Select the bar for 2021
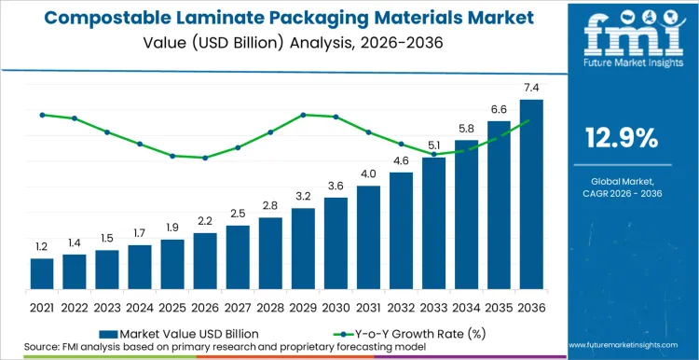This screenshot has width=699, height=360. tap(42, 274)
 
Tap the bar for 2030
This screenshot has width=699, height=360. tap(336, 243)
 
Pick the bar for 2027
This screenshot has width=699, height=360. tap(238, 257)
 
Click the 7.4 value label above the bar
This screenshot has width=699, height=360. tap(531, 88)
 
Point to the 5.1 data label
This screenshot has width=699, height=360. tap(434, 145)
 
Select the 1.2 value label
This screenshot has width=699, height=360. tap(42, 246)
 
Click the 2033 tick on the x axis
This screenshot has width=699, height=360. tap(433, 306)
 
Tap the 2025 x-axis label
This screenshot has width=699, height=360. tap(172, 306)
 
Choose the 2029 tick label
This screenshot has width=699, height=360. tap(303, 306)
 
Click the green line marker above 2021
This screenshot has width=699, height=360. tap(42, 115)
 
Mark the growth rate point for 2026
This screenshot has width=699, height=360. tap(205, 158)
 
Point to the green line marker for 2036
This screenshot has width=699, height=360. tap(531, 120)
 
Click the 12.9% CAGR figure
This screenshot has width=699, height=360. tap(622, 138)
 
